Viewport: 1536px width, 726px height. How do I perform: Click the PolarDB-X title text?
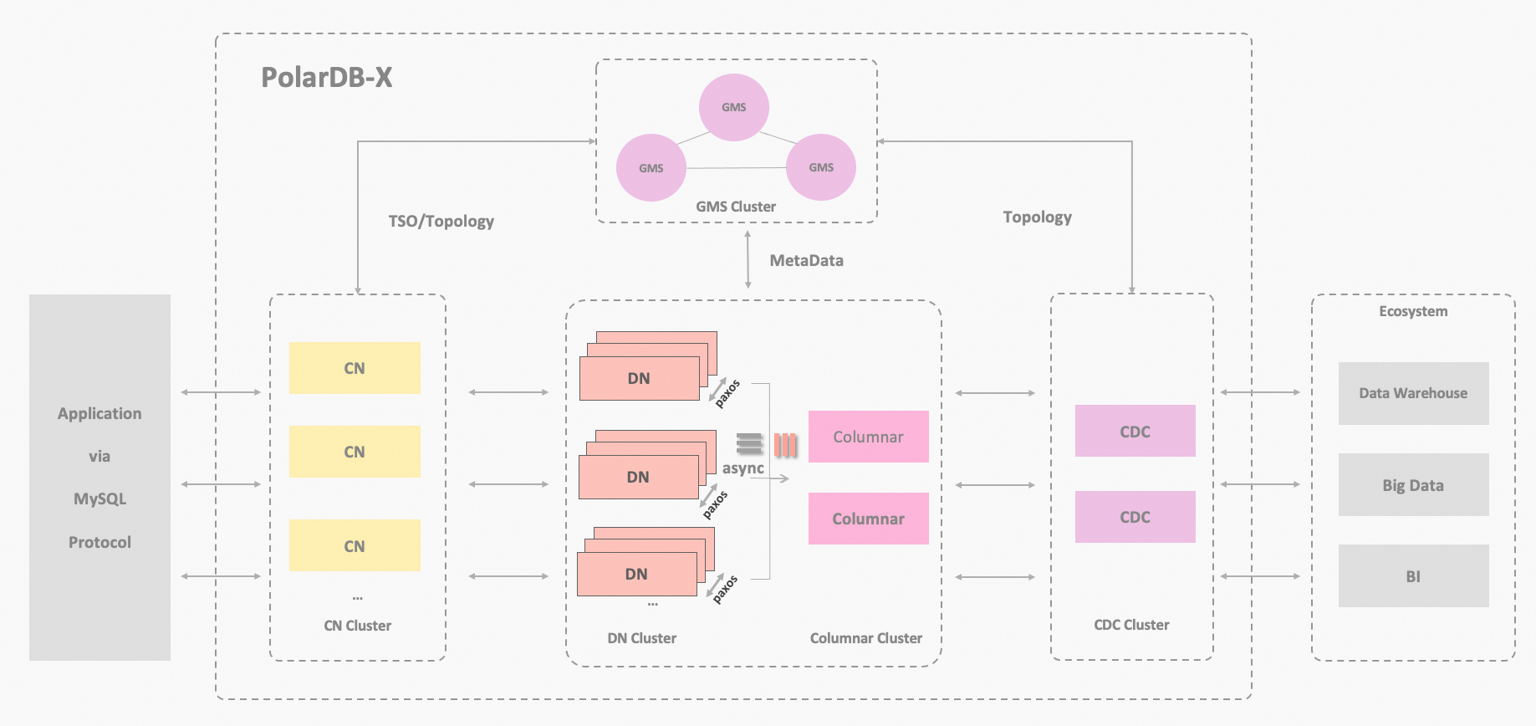327,77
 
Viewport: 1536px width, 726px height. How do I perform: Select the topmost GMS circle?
734,107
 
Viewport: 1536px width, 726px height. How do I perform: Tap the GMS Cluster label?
736,207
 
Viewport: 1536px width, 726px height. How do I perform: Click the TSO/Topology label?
441,221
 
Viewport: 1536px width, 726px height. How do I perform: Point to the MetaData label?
807,260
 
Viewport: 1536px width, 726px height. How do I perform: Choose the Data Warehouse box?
1413,393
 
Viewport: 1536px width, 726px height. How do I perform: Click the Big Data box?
1413,485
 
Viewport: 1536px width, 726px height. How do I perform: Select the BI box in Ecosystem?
1413,576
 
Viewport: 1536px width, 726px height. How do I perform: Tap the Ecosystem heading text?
1413,311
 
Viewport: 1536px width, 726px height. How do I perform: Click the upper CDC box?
1135,431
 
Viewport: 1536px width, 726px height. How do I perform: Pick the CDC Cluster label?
1131,625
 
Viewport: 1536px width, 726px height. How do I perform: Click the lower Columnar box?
869,519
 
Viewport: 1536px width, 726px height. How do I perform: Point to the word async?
743,468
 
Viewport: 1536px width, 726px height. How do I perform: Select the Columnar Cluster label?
866,638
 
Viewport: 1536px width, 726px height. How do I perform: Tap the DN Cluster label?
642,638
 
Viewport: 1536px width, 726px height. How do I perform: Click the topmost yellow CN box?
355,368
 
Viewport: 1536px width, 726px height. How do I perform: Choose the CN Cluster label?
358,626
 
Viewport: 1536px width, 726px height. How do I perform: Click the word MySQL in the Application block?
100,499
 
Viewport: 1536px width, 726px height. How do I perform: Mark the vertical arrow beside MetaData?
748,260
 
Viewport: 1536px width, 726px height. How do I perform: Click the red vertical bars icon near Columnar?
785,445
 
